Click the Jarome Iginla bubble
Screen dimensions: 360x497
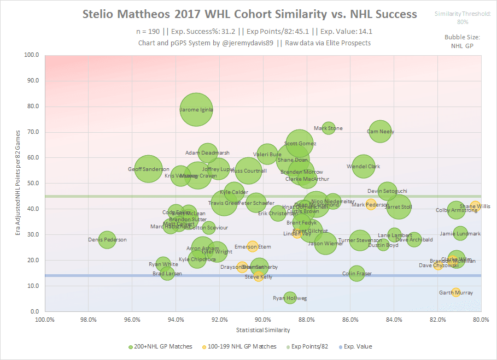196,109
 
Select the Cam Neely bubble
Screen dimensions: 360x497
380,131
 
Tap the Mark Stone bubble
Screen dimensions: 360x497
328,128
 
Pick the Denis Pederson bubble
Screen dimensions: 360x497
107,239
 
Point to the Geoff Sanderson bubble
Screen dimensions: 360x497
148,169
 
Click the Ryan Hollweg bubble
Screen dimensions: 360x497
290,298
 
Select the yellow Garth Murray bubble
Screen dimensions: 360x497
456,293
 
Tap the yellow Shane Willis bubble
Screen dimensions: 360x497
475,206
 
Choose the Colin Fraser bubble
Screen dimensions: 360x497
356,273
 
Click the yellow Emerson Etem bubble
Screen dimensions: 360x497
252,247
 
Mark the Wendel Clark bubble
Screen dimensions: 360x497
364,167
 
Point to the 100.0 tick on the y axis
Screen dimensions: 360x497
32,55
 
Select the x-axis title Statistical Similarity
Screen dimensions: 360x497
263,330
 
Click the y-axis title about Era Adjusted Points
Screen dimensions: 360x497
18,182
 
